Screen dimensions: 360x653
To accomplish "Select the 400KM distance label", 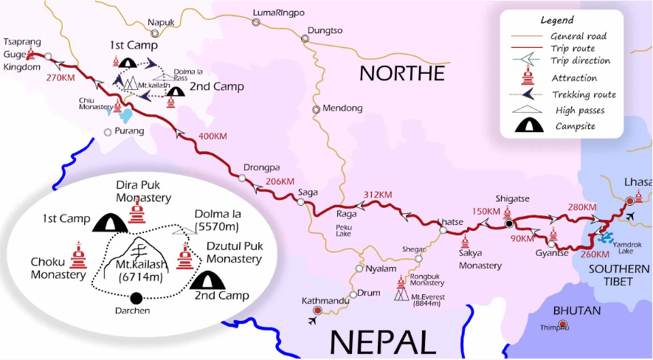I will click(214, 136).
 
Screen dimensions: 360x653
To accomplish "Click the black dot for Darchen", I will click(136, 298).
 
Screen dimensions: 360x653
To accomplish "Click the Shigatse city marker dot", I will click(508, 223).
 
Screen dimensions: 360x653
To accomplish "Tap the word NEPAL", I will click(382, 342).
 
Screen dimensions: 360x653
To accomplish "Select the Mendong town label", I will click(343, 108).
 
